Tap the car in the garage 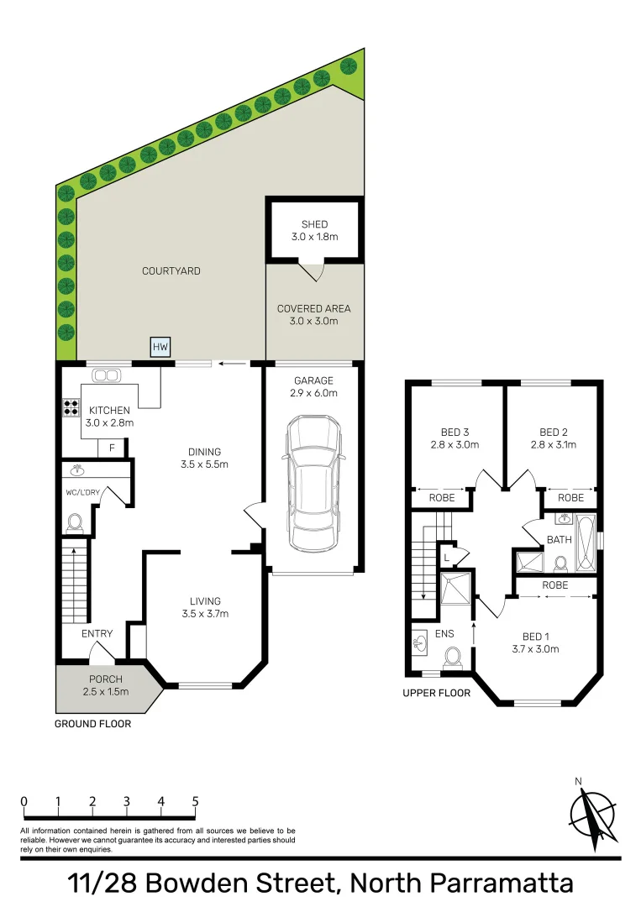[313, 485]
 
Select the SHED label [314, 224]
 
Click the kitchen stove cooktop [71, 407]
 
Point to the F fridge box [112, 449]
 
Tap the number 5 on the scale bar [195, 801]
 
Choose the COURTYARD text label [171, 271]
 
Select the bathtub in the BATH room [585, 544]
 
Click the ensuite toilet [454, 656]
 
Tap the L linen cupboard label [446, 557]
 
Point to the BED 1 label [535, 635]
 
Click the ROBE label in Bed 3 [442, 498]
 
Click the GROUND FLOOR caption [92, 723]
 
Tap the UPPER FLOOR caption [437, 693]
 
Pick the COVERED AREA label [314, 308]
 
